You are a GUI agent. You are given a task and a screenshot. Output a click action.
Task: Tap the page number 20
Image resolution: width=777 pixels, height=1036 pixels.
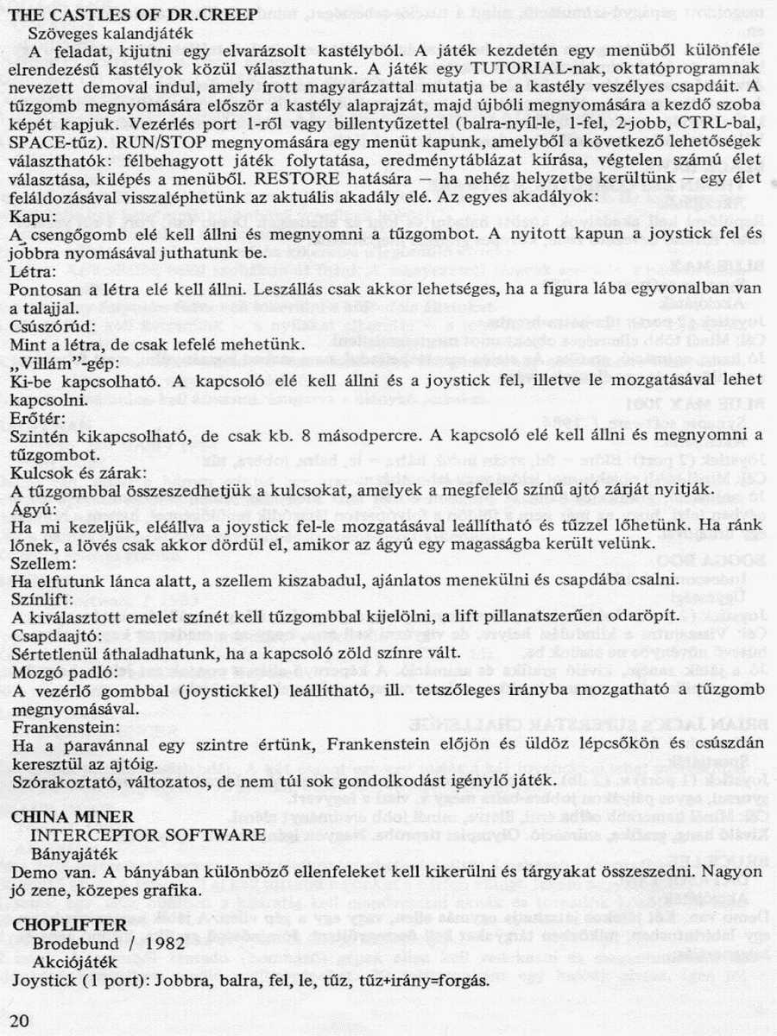pos(20,1020)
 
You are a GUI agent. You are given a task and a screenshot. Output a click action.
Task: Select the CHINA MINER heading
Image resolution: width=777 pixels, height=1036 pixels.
pos(73,816)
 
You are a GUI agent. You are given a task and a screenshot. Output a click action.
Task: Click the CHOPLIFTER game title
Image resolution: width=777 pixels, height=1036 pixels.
pos(69,924)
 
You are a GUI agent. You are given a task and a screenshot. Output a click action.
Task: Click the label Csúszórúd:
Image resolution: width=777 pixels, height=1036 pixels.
pos(49,326)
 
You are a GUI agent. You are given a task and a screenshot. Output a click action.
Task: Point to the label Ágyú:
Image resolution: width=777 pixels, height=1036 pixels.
pos(31,509)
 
